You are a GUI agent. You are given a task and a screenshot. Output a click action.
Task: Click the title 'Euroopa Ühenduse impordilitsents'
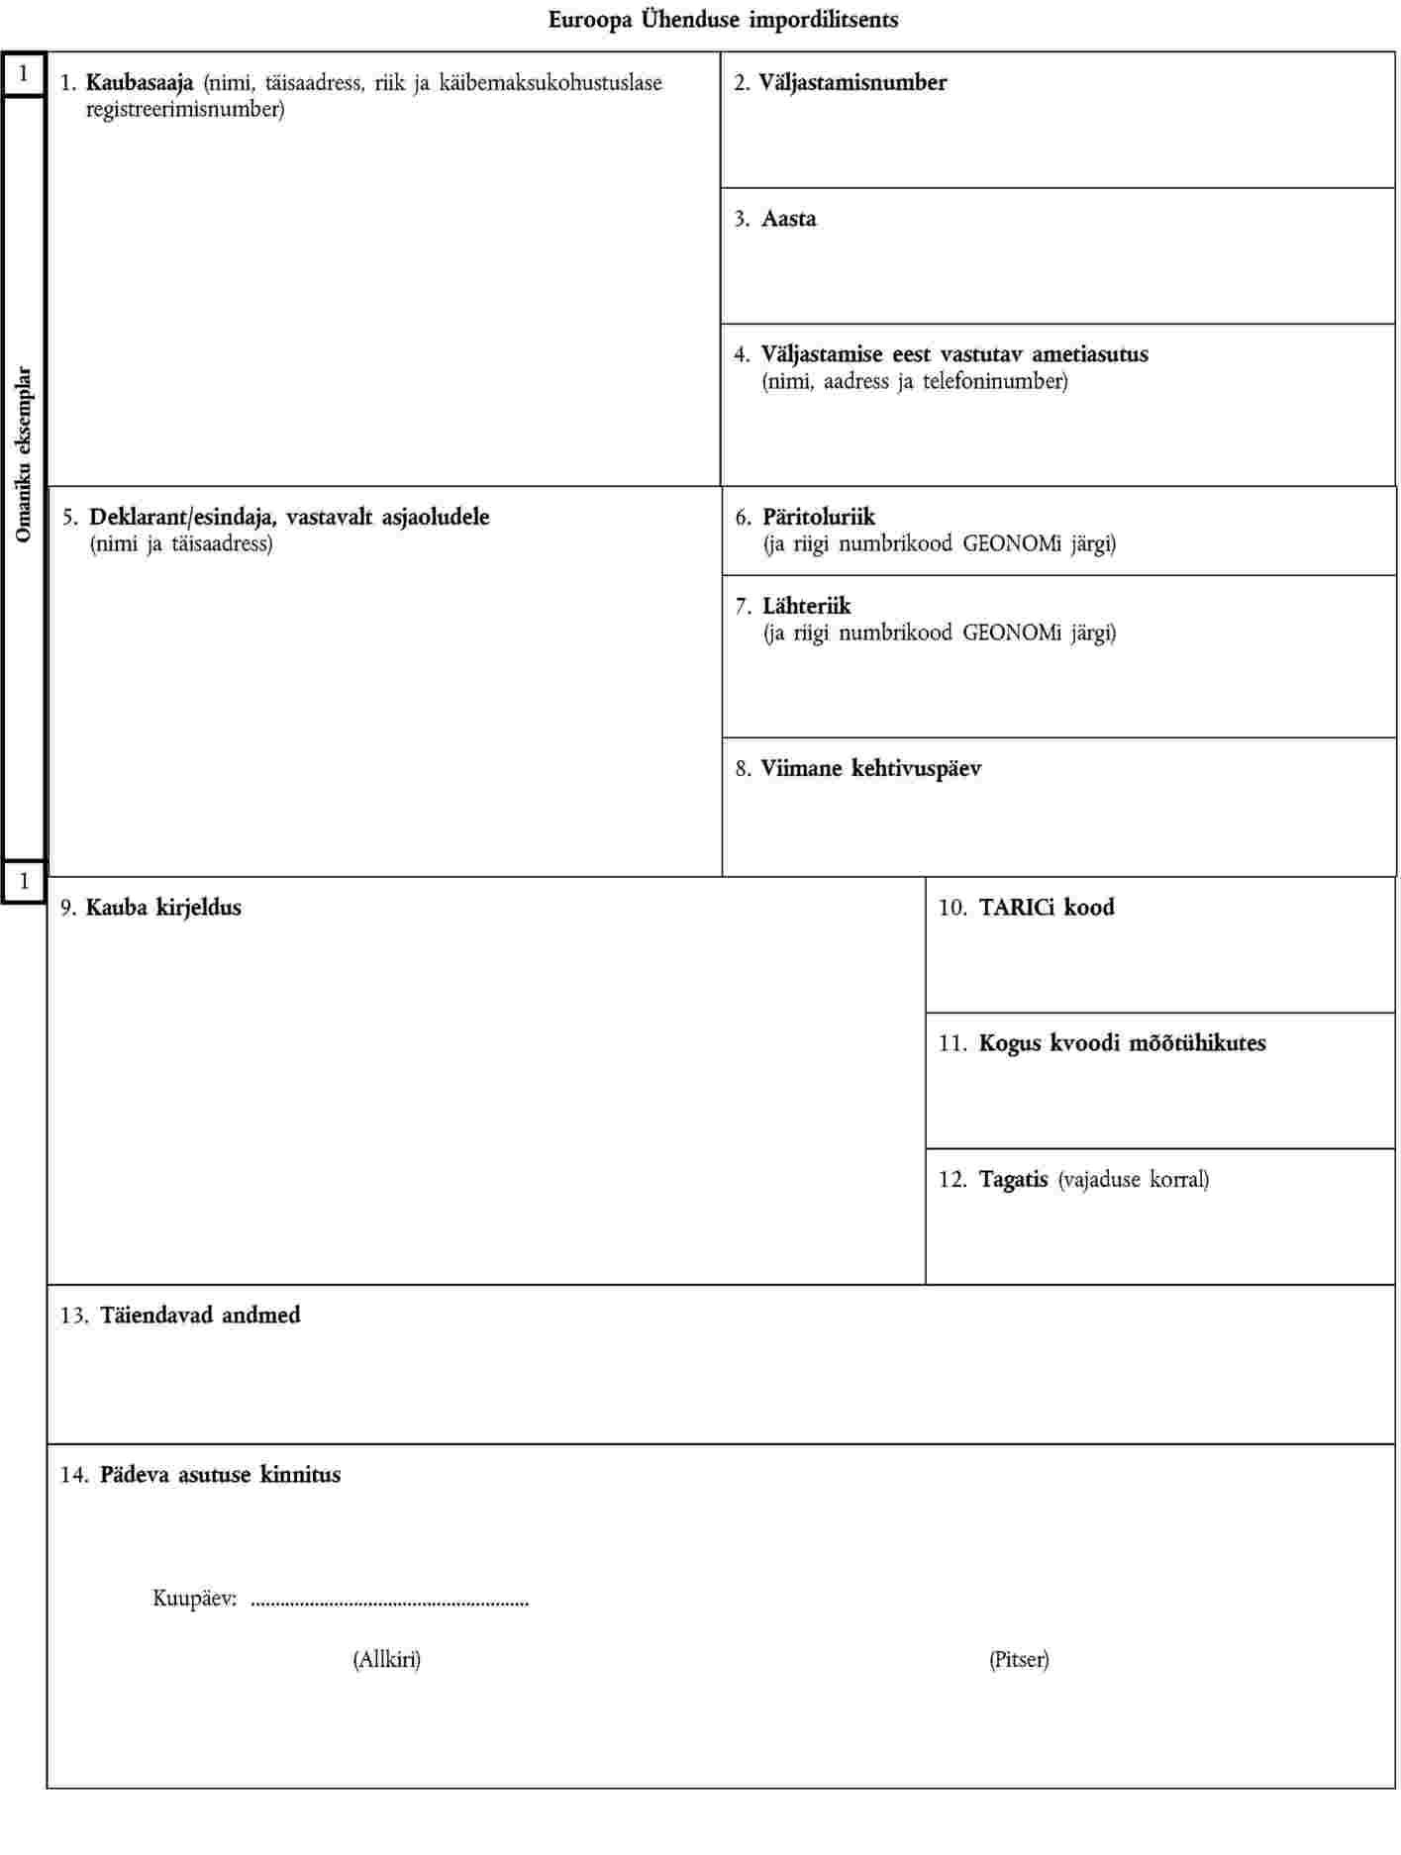tap(724, 20)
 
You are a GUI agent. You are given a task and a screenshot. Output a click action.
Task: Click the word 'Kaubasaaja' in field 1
tap(140, 83)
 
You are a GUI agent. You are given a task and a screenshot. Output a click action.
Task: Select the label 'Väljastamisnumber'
tap(852, 83)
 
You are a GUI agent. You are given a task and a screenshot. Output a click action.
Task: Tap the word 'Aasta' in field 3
tap(789, 219)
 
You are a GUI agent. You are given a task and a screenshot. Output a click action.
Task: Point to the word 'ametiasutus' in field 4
tap(1090, 354)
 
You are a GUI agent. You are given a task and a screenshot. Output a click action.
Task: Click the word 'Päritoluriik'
tap(819, 517)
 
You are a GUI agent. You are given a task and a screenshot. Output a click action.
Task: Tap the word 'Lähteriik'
tap(806, 606)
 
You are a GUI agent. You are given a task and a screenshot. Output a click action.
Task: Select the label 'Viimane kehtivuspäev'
tap(870, 768)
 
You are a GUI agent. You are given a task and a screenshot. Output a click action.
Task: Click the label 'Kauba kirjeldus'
tap(163, 908)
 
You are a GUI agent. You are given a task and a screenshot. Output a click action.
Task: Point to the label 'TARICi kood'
tap(1047, 908)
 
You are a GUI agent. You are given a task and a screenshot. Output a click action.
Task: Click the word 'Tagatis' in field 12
tap(1013, 1180)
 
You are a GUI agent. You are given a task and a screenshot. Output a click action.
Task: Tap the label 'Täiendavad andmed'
tap(200, 1316)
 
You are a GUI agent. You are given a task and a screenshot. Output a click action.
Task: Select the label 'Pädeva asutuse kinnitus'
tap(220, 1475)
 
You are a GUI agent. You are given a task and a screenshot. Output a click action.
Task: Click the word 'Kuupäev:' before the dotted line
tap(195, 1598)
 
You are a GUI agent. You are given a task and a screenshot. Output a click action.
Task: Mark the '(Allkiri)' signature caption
tap(387, 1659)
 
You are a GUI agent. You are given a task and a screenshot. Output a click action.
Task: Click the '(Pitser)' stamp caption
tap(1019, 1659)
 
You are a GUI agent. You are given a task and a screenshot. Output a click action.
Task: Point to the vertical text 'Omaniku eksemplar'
tap(24, 454)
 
